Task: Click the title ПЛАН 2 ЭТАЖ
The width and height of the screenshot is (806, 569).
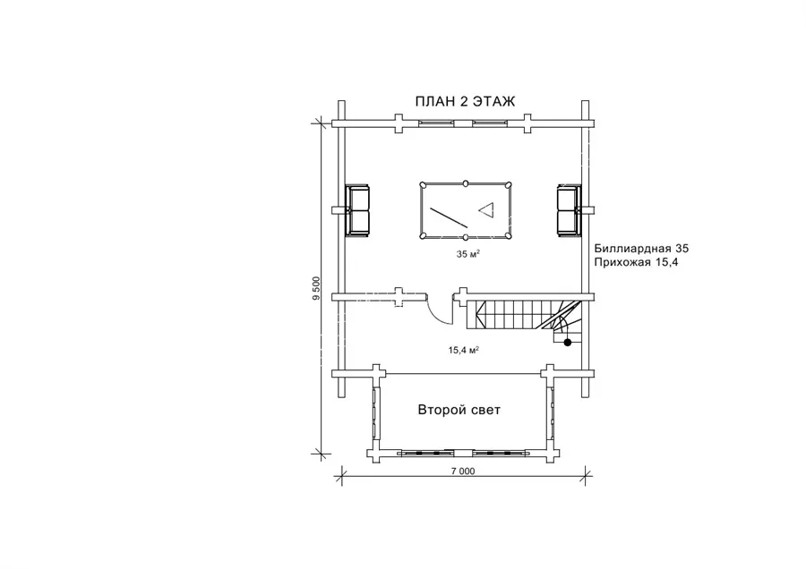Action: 465,102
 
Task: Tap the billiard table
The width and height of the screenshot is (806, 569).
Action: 465,210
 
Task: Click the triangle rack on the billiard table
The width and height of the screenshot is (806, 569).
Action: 486,209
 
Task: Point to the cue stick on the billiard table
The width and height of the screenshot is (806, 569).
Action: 449,217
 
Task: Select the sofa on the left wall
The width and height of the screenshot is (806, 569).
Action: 357,210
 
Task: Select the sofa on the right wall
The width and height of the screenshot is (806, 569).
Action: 569,210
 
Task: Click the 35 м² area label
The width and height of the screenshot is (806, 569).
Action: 468,254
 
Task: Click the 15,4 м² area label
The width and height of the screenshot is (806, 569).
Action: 464,350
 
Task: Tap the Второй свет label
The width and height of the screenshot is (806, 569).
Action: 459,410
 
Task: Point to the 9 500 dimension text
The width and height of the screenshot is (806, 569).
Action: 316,289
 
